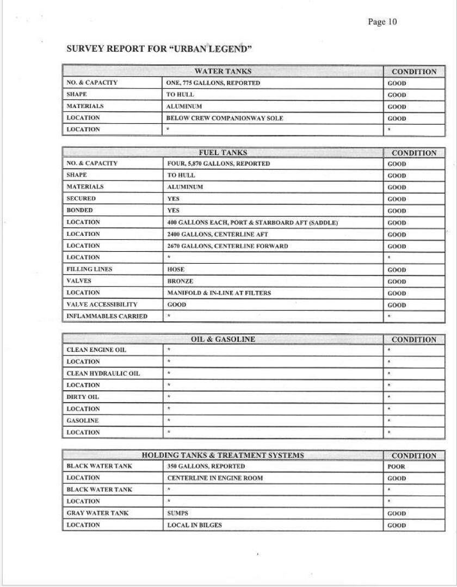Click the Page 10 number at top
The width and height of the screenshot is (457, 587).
tap(382, 22)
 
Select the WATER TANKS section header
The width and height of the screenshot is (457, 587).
tap(223, 71)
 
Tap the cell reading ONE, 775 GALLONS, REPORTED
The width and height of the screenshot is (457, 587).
tap(213, 83)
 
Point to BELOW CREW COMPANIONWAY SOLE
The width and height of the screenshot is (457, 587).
tap(224, 118)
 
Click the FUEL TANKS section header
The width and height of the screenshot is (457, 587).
tap(223, 153)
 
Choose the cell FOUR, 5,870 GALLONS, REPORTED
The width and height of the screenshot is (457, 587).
tap(218, 164)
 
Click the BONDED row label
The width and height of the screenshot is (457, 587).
tap(80, 210)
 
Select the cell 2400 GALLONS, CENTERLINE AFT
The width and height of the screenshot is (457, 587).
tap(218, 234)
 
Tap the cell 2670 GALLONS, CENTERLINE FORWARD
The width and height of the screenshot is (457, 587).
tap(227, 246)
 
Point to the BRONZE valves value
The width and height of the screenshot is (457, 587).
tap(180, 282)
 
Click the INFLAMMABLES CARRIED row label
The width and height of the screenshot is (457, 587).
tap(107, 316)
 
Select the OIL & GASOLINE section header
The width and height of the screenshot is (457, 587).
tap(223, 339)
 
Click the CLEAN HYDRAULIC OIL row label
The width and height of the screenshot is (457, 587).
tap(103, 373)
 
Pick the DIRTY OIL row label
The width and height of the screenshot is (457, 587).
tap(83, 397)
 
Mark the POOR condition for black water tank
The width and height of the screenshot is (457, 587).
tap(396, 466)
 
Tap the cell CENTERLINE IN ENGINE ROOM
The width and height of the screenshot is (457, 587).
tap(215, 478)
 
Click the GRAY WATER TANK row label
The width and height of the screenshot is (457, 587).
tap(97, 513)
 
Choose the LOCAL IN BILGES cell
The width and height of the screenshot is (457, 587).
tap(194, 525)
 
